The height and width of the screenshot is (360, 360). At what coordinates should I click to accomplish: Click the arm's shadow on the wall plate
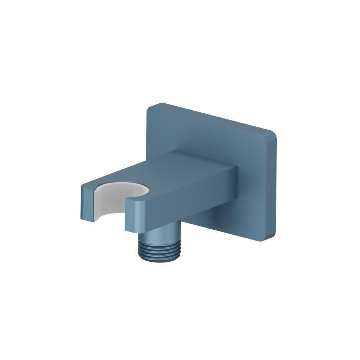point(216,220)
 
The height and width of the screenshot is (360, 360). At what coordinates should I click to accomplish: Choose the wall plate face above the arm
point(202,133)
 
